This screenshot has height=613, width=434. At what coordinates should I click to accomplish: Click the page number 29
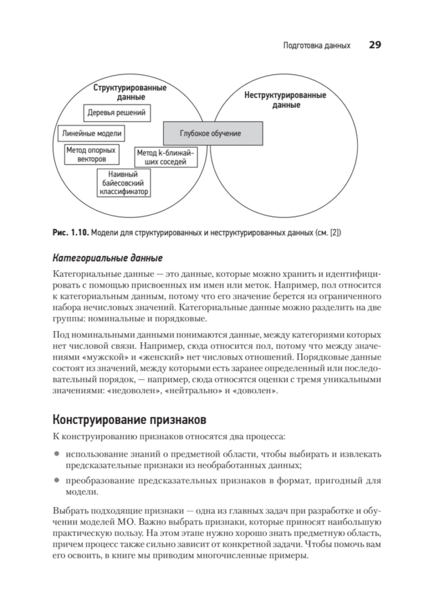coord(375,45)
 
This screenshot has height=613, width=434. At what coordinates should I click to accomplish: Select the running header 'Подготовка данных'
coord(316,46)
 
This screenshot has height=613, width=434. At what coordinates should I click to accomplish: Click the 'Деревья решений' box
coord(117,113)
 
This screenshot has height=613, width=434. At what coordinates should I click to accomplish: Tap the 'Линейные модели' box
coord(91,134)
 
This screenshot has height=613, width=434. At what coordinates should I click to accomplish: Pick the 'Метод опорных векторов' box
coord(91,155)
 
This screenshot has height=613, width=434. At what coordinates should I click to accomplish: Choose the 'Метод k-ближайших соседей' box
coord(165,157)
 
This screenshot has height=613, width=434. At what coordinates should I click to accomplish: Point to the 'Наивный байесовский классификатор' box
coord(124,183)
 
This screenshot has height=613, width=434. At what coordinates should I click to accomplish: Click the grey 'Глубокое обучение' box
coord(213,133)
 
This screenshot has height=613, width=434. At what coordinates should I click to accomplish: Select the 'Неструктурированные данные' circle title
coord(285,100)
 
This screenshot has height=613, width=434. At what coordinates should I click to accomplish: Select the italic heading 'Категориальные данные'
coord(107,258)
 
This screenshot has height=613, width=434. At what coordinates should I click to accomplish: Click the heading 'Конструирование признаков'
coord(129,420)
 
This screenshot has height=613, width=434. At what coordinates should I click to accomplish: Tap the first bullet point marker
coord(56,454)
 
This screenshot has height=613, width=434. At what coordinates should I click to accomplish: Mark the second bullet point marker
coord(56,481)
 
